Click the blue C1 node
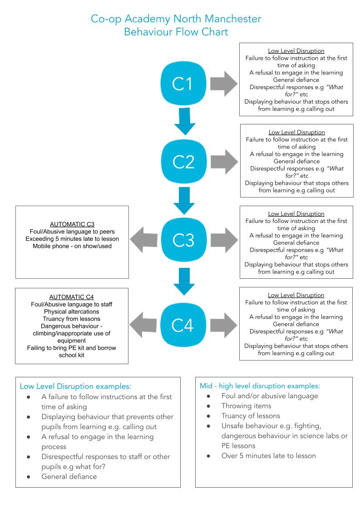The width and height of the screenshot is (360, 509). coord(183,84)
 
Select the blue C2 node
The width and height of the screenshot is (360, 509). coord(184,161)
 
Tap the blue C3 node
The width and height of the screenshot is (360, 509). coord(184,240)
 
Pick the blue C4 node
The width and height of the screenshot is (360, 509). coord(183,325)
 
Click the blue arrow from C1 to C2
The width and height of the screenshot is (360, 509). coord(185,121)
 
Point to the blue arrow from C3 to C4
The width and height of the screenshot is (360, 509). coord(184,282)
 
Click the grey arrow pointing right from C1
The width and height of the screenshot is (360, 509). coord(224,84)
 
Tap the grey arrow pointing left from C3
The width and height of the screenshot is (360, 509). coord(144,240)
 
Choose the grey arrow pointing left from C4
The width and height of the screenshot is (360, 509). coord(143,325)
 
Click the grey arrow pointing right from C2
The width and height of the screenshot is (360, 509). coord(224,161)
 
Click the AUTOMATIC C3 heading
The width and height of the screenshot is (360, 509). coord(72,224)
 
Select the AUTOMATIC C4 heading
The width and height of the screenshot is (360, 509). coord(71,297)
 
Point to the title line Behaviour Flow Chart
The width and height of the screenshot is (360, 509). coord(176,32)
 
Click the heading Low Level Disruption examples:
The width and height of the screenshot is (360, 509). coord(75,386)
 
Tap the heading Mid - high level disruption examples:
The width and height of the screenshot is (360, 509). coord(260,386)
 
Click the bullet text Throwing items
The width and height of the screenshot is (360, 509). coord(246,406)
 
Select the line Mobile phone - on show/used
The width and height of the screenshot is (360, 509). coord(72,246)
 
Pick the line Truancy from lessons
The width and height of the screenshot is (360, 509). coord(71,319)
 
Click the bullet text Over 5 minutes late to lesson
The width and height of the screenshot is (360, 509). coord(268,456)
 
